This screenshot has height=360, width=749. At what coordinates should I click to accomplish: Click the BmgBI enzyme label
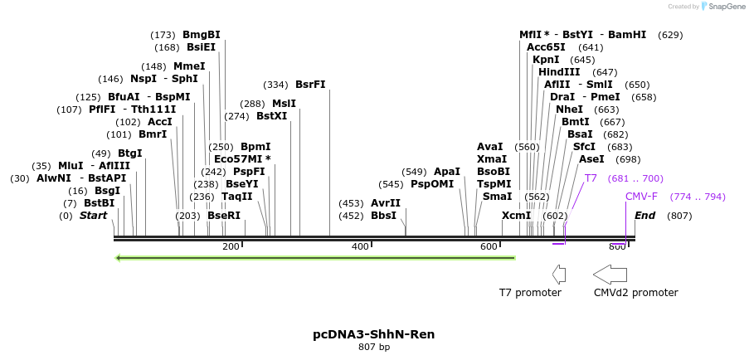click(x=202, y=35)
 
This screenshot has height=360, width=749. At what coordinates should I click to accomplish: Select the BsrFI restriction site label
click(x=310, y=85)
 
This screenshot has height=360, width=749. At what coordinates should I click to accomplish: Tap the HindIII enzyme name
click(x=559, y=72)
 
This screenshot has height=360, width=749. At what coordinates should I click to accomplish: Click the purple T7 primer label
click(x=591, y=178)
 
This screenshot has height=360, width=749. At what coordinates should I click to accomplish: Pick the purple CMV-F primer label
click(x=641, y=197)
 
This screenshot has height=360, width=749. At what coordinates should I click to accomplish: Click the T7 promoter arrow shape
click(x=559, y=274)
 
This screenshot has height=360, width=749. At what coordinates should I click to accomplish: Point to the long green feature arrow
click(x=315, y=257)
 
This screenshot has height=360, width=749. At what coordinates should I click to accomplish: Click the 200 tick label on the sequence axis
click(x=231, y=246)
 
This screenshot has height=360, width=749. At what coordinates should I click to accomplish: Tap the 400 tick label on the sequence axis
click(x=360, y=246)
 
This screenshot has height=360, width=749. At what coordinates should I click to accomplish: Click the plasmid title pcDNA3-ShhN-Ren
click(x=373, y=334)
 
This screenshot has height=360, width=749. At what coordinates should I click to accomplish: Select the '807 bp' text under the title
click(x=373, y=348)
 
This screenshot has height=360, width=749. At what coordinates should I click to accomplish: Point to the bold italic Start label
click(x=93, y=216)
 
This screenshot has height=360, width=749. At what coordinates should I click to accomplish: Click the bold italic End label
click(x=644, y=216)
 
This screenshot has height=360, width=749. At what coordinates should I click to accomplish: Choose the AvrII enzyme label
click(x=386, y=203)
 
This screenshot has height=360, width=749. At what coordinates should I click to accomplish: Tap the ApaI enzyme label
click(x=446, y=172)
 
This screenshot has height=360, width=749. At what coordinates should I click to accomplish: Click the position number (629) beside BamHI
click(x=670, y=35)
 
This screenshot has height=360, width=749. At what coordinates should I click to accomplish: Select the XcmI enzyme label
click(x=516, y=216)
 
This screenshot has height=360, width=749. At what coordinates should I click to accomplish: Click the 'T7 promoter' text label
click(x=530, y=293)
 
